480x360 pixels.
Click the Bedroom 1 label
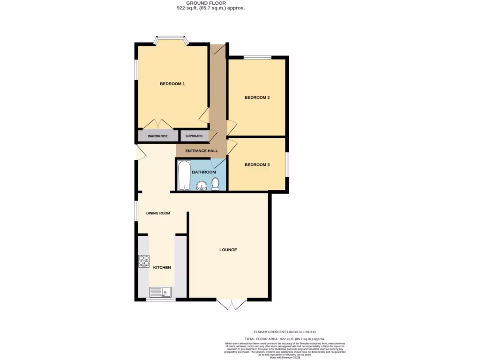click(x=172, y=84)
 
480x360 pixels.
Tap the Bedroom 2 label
click(x=257, y=97)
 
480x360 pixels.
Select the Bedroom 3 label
click(x=257, y=165)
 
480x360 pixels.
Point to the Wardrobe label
click(x=157, y=136)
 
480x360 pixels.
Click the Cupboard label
click(x=194, y=136)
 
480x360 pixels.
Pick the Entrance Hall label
click(x=202, y=151)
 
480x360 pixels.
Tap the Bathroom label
click(x=204, y=172)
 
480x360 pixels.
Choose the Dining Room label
click(x=158, y=213)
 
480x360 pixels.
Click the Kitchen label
click(x=162, y=268)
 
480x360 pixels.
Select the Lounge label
click(x=228, y=250)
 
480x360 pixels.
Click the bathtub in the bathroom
click(x=184, y=176)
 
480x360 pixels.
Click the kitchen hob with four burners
click(x=143, y=261)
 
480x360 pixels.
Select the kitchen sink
click(x=160, y=292)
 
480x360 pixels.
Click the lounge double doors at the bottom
click(x=232, y=304)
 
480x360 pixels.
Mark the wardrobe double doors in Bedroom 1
click(x=158, y=124)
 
